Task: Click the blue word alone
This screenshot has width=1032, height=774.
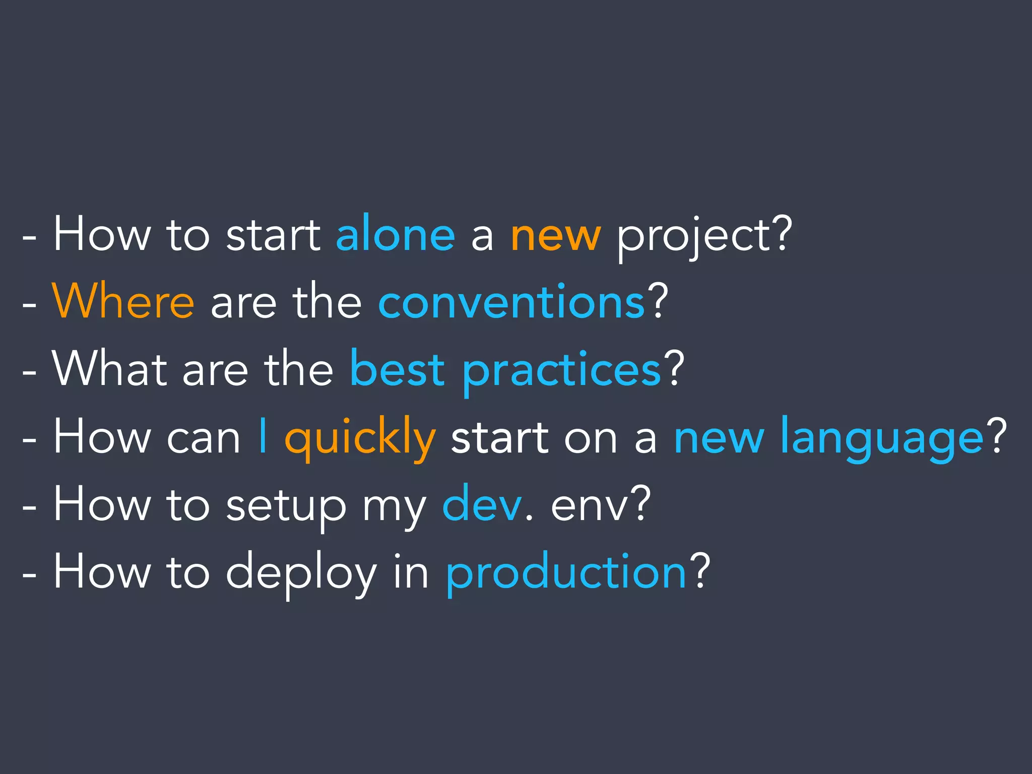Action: pyautogui.click(x=396, y=234)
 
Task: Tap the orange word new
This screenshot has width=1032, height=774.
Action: pyautogui.click(x=555, y=236)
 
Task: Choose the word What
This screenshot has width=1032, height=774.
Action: pyautogui.click(x=109, y=369)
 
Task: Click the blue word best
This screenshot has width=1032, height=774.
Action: pyautogui.click(x=398, y=369)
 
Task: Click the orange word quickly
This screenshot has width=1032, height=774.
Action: pyautogui.click(x=360, y=438)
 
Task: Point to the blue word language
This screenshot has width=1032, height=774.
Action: pyautogui.click(x=881, y=438)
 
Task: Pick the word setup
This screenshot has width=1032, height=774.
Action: pyautogui.click(x=286, y=506)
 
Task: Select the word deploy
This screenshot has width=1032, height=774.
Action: pyautogui.click(x=301, y=573)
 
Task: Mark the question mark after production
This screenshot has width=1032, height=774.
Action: pyautogui.click(x=700, y=571)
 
